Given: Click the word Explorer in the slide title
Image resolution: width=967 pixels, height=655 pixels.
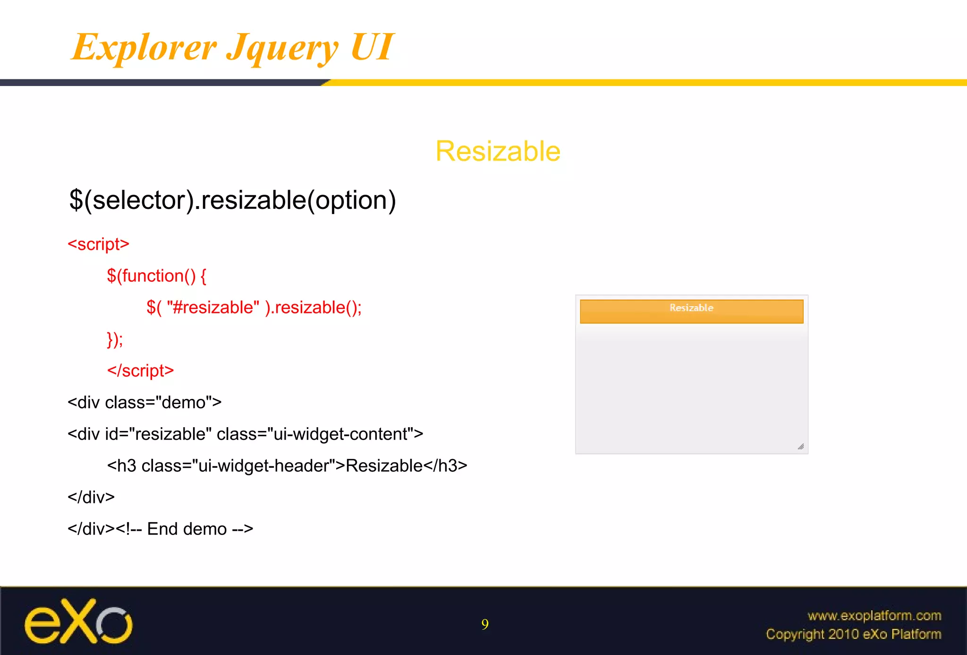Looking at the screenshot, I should pyautogui.click(x=144, y=47).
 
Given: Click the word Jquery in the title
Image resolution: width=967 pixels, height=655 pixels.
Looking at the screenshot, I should pyautogui.click(x=282, y=48).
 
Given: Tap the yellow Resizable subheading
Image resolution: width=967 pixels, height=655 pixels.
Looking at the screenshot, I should pyautogui.click(x=498, y=151).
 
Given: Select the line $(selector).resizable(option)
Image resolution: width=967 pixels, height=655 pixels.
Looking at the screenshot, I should pyautogui.click(x=232, y=200).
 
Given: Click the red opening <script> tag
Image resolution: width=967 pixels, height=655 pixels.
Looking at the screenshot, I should pyautogui.click(x=98, y=244).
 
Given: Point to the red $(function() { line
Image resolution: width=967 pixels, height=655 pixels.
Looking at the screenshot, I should pyautogui.click(x=156, y=276).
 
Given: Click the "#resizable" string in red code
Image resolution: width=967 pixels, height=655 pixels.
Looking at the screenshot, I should pyautogui.click(x=213, y=308).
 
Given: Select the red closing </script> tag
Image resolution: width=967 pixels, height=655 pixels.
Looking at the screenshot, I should pyautogui.click(x=140, y=371).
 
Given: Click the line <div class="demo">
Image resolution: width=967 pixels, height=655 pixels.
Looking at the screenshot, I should pyautogui.click(x=144, y=403).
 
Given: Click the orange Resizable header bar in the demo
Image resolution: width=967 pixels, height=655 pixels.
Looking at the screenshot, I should pyautogui.click(x=691, y=311).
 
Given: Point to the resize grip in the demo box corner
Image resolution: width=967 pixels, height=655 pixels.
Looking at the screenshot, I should pyautogui.click(x=801, y=447).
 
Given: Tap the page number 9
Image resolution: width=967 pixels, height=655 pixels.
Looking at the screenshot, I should pyautogui.click(x=485, y=625).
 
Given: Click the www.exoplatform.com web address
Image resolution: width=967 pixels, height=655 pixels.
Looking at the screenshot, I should pyautogui.click(x=874, y=616).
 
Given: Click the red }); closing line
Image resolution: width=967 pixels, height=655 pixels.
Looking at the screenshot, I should pyautogui.click(x=115, y=339).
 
